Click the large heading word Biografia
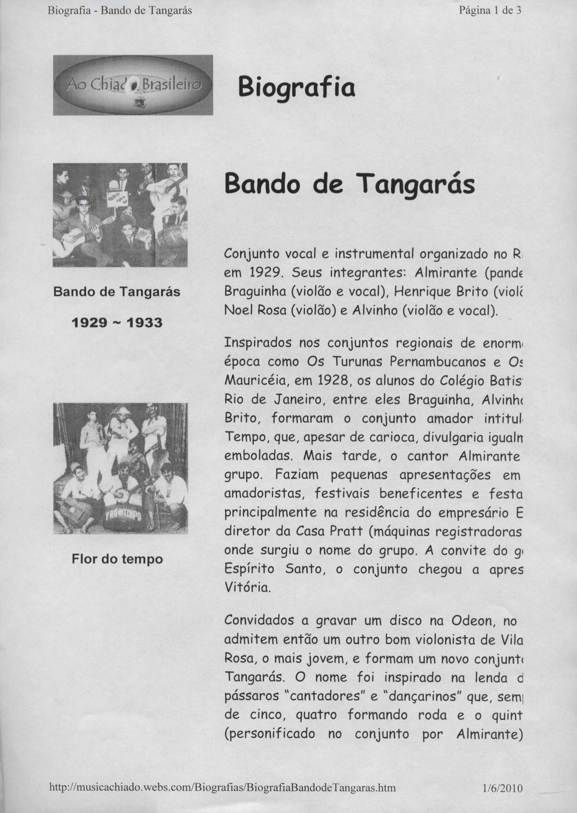[297, 88]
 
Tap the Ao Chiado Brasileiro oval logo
[133, 85]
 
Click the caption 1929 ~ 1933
[117, 323]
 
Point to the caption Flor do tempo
[117, 559]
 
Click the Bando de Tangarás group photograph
[120, 215]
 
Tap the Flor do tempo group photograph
[120, 468]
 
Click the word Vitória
[247, 588]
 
